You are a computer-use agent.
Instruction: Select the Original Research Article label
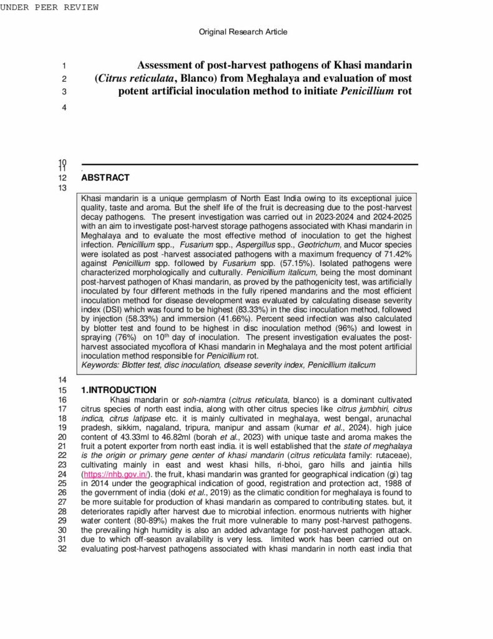point(243,32)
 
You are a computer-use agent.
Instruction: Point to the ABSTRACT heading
point(105,178)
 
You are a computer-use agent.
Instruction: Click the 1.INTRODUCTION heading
point(119,390)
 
